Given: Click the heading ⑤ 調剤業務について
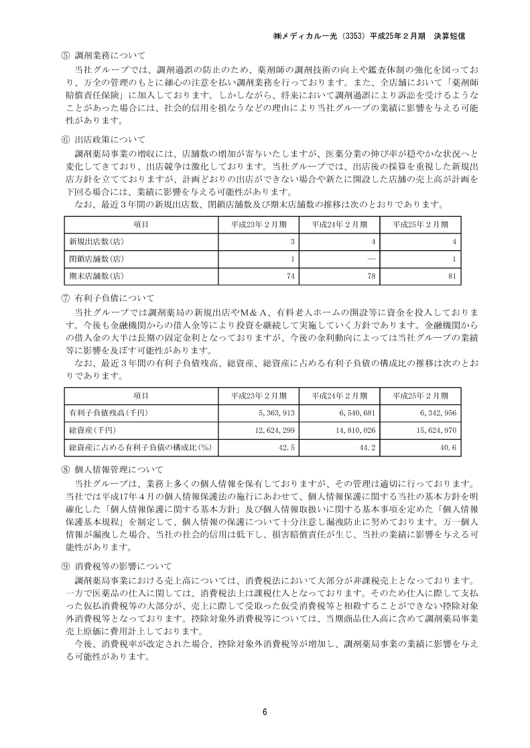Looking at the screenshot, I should pyautogui.click(x=103, y=55).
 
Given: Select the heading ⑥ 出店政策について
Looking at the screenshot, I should pyautogui.click(x=103, y=140).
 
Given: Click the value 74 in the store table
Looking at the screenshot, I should pyautogui.click(x=291, y=276).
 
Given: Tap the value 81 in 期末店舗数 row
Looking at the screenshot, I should pyautogui.click(x=452, y=276).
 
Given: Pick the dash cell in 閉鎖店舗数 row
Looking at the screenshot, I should pyautogui.click(x=371, y=258).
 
